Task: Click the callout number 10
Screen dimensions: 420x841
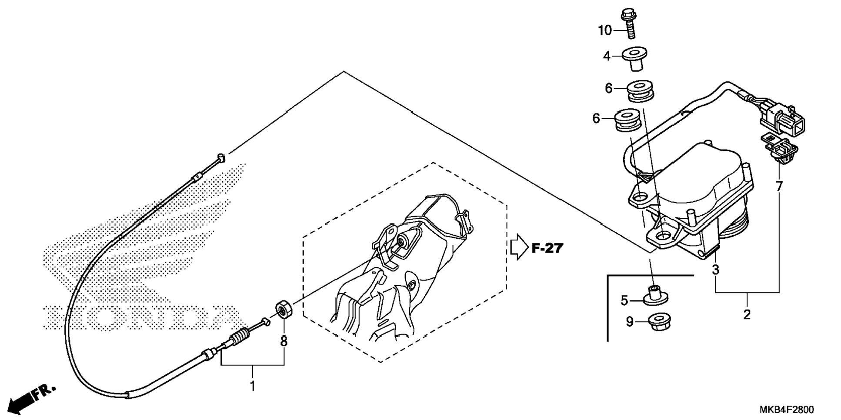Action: (x=604, y=30)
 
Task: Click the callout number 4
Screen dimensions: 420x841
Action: (x=607, y=56)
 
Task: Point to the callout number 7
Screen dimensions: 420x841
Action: (x=778, y=186)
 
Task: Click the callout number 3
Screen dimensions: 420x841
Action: (x=715, y=270)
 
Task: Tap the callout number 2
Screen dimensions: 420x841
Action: (x=747, y=314)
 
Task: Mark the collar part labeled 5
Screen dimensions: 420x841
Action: (x=655, y=296)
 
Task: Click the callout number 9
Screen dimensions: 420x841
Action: (x=630, y=322)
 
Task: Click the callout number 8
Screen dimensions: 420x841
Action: (x=284, y=341)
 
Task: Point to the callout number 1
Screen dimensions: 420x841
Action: (x=252, y=386)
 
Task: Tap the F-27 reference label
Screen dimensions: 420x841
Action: (x=547, y=248)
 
